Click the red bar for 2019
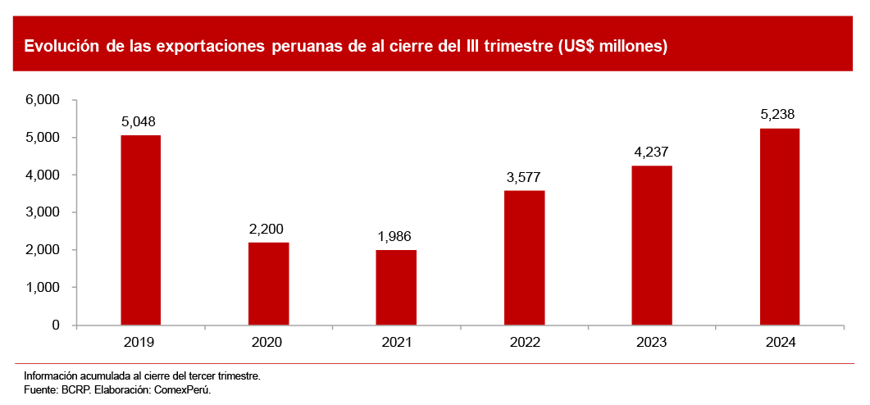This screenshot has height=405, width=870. tap(140, 230)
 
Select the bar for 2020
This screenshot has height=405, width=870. tap(268, 284)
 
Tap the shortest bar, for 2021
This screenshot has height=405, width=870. tap(396, 288)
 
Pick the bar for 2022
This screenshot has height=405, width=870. tap(525, 257)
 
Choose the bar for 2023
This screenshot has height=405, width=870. tap(652, 245)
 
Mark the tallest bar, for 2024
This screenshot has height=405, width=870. tap(780, 226)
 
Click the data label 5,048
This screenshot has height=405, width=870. tap(139, 121)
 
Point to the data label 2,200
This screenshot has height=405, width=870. tap(266, 229)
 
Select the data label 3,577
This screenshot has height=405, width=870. tap(523, 177)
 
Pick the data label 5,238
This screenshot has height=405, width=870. tap(778, 115)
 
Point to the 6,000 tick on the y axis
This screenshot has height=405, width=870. tap(43, 100)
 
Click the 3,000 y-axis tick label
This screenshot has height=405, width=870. tap(43, 212)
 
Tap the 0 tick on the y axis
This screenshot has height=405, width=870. tap(56, 325)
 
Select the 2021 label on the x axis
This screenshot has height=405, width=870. tap(396, 342)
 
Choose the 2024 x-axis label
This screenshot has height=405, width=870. tap(780, 342)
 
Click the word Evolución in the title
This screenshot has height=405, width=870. tap(61, 46)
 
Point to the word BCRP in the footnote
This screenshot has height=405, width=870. tap(75, 390)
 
